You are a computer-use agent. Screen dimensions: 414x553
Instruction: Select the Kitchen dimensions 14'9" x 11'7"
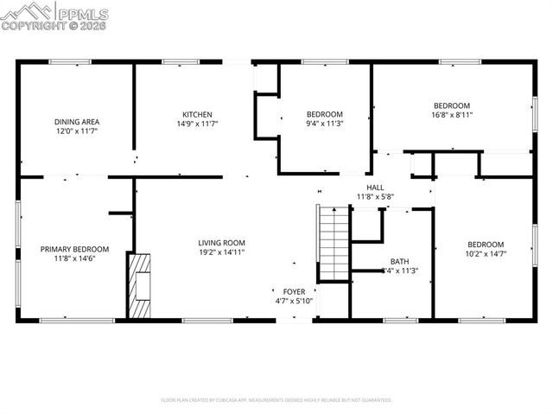pos(196,124)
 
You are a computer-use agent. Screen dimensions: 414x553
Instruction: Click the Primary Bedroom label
pos(73,249)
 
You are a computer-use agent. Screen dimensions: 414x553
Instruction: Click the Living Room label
pos(222,243)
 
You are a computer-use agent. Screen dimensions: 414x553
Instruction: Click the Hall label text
pos(375,187)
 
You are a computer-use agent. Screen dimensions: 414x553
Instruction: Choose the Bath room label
pos(399,261)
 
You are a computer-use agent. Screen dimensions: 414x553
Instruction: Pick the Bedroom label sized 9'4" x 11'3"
pos(325,114)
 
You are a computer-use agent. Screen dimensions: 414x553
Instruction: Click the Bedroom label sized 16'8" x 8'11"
pos(451,105)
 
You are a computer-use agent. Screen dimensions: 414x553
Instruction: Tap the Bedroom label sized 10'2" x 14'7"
pos(485,244)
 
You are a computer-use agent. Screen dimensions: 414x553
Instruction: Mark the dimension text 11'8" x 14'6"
pos(73,258)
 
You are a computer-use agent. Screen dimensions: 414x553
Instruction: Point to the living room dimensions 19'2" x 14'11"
pos(222,252)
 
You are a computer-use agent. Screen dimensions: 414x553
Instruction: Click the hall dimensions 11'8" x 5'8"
pos(376,196)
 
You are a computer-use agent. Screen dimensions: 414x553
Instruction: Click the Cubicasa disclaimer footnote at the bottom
pos(276,400)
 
